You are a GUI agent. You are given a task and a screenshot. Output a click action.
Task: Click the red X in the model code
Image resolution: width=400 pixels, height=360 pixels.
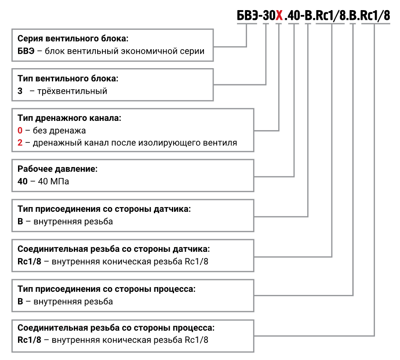click(279, 16)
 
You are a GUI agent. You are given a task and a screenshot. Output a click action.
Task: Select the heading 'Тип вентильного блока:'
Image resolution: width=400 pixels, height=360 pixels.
click(68, 79)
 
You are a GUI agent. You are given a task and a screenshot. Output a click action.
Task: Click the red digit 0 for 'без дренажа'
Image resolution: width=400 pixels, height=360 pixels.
click(20, 131)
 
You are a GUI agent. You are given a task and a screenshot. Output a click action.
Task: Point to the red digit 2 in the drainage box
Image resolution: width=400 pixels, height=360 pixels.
click(20, 143)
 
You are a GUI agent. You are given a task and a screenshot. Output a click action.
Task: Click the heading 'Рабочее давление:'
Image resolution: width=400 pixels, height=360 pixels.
click(58, 169)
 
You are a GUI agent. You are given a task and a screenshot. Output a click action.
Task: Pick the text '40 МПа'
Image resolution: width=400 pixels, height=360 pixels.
click(51, 181)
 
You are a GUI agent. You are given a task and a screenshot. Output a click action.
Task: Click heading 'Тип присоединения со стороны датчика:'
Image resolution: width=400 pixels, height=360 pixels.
click(104, 209)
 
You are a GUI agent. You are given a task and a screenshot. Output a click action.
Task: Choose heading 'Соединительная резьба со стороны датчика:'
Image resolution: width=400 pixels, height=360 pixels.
click(114, 249)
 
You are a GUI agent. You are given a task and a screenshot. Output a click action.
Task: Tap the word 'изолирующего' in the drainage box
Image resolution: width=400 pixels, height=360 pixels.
click(175, 143)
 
